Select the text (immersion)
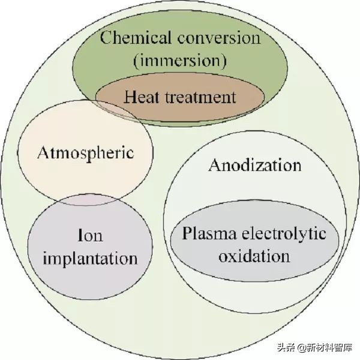point(180,60)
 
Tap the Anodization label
point(254,165)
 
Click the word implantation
point(91,259)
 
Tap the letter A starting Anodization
point(214,165)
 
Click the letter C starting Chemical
point(106,38)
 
